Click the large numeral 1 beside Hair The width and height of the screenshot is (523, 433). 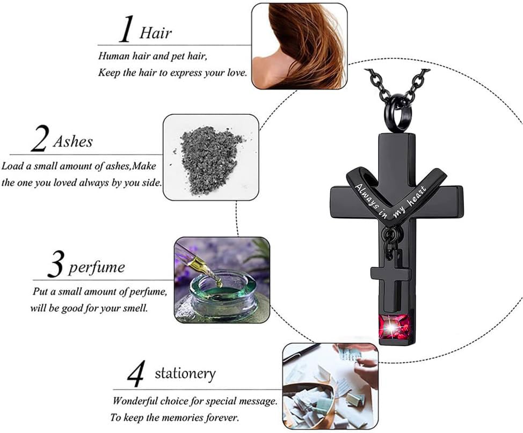(x=126, y=30)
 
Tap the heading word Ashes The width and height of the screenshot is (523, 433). (x=72, y=142)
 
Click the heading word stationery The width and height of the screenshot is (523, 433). (x=185, y=373)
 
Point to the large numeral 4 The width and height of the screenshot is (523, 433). (x=136, y=373)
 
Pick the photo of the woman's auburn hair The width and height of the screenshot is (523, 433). (x=299, y=46)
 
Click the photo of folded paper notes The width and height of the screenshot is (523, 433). (x=330, y=386)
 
